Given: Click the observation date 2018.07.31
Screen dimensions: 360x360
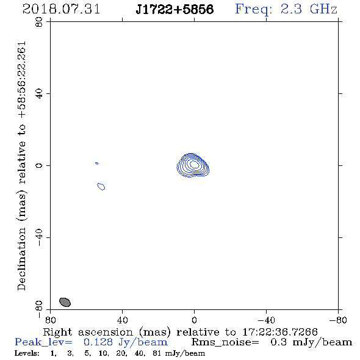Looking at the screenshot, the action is pyautogui.click(x=61, y=9).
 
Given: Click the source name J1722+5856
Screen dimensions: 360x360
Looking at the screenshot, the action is pyautogui.click(x=175, y=9).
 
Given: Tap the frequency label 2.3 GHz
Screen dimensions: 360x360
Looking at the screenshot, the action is pyautogui.click(x=309, y=9).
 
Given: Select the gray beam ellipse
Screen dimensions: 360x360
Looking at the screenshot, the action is pyautogui.click(x=65, y=302).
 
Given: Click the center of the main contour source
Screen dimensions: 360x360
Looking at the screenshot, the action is pyautogui.click(x=194, y=164).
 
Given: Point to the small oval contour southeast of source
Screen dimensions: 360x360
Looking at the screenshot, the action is pyautogui.click(x=101, y=187).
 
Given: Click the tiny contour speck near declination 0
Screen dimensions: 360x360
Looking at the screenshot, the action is pyautogui.click(x=97, y=164).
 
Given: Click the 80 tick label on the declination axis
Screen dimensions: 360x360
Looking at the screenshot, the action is pyautogui.click(x=39, y=22).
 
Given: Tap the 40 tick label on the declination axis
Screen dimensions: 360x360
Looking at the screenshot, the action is pyautogui.click(x=39, y=94).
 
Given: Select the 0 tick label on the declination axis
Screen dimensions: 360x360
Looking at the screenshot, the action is pyautogui.click(x=39, y=165).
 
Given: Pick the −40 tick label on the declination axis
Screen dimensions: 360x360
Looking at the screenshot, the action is pyautogui.click(x=39, y=237).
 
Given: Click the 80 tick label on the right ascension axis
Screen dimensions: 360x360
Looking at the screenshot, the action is pyautogui.click(x=50, y=320).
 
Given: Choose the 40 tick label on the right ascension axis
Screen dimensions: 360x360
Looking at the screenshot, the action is pyautogui.click(x=122, y=320).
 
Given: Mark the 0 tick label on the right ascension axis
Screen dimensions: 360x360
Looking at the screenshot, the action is pyautogui.click(x=194, y=320).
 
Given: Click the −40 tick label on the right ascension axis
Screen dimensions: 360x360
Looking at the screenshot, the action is pyautogui.click(x=266, y=320).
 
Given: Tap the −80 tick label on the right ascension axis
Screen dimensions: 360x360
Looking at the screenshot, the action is pyautogui.click(x=338, y=320).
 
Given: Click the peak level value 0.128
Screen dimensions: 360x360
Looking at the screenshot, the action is pyautogui.click(x=98, y=342).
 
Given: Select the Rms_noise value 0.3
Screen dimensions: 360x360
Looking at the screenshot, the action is pyautogui.click(x=278, y=342).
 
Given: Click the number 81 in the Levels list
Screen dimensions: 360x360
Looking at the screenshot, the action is pyautogui.click(x=157, y=353).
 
